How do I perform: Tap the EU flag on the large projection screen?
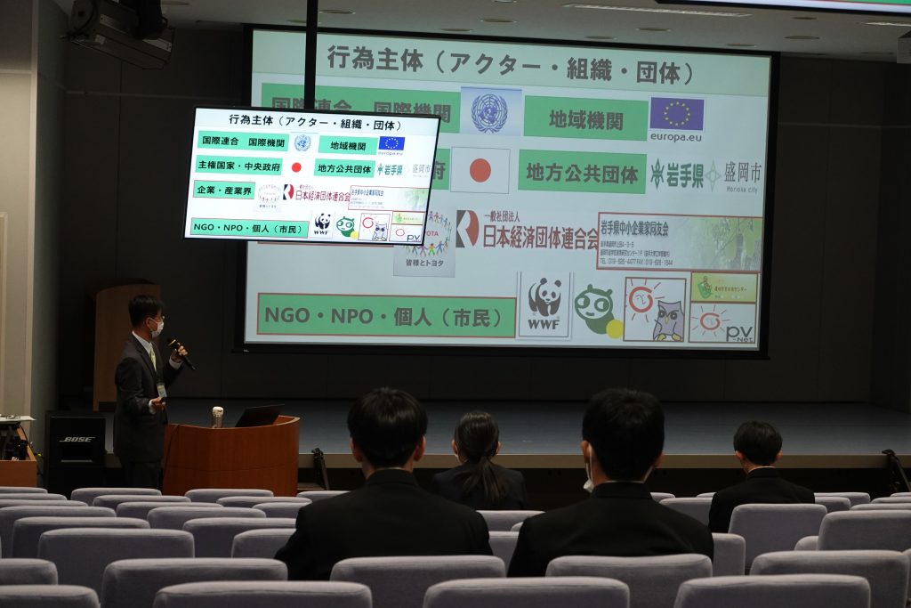(676, 114)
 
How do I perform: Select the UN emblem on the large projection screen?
(489, 112)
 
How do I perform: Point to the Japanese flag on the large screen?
(480, 170)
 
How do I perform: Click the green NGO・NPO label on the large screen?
(385, 315)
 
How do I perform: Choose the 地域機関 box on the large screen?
(584, 118)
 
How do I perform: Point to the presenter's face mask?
(157, 327)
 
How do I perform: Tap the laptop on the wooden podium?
(260, 416)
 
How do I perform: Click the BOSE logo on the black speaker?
(77, 439)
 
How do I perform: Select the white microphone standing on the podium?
(217, 417)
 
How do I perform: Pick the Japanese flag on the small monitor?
(296, 166)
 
